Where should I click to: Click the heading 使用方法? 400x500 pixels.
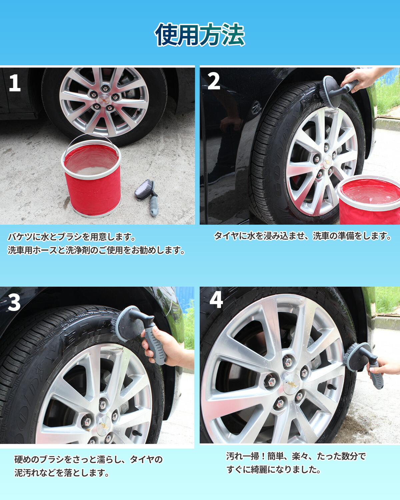coord(200,35)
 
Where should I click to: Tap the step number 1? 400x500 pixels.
coord(15,83)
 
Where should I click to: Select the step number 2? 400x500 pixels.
coord(214,81)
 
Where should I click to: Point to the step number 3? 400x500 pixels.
coord(14,302)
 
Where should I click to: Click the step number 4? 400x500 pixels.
coord(216,300)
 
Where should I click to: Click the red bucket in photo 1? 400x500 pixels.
coord(92,177)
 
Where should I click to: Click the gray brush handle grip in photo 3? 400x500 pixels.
coord(155,343)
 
